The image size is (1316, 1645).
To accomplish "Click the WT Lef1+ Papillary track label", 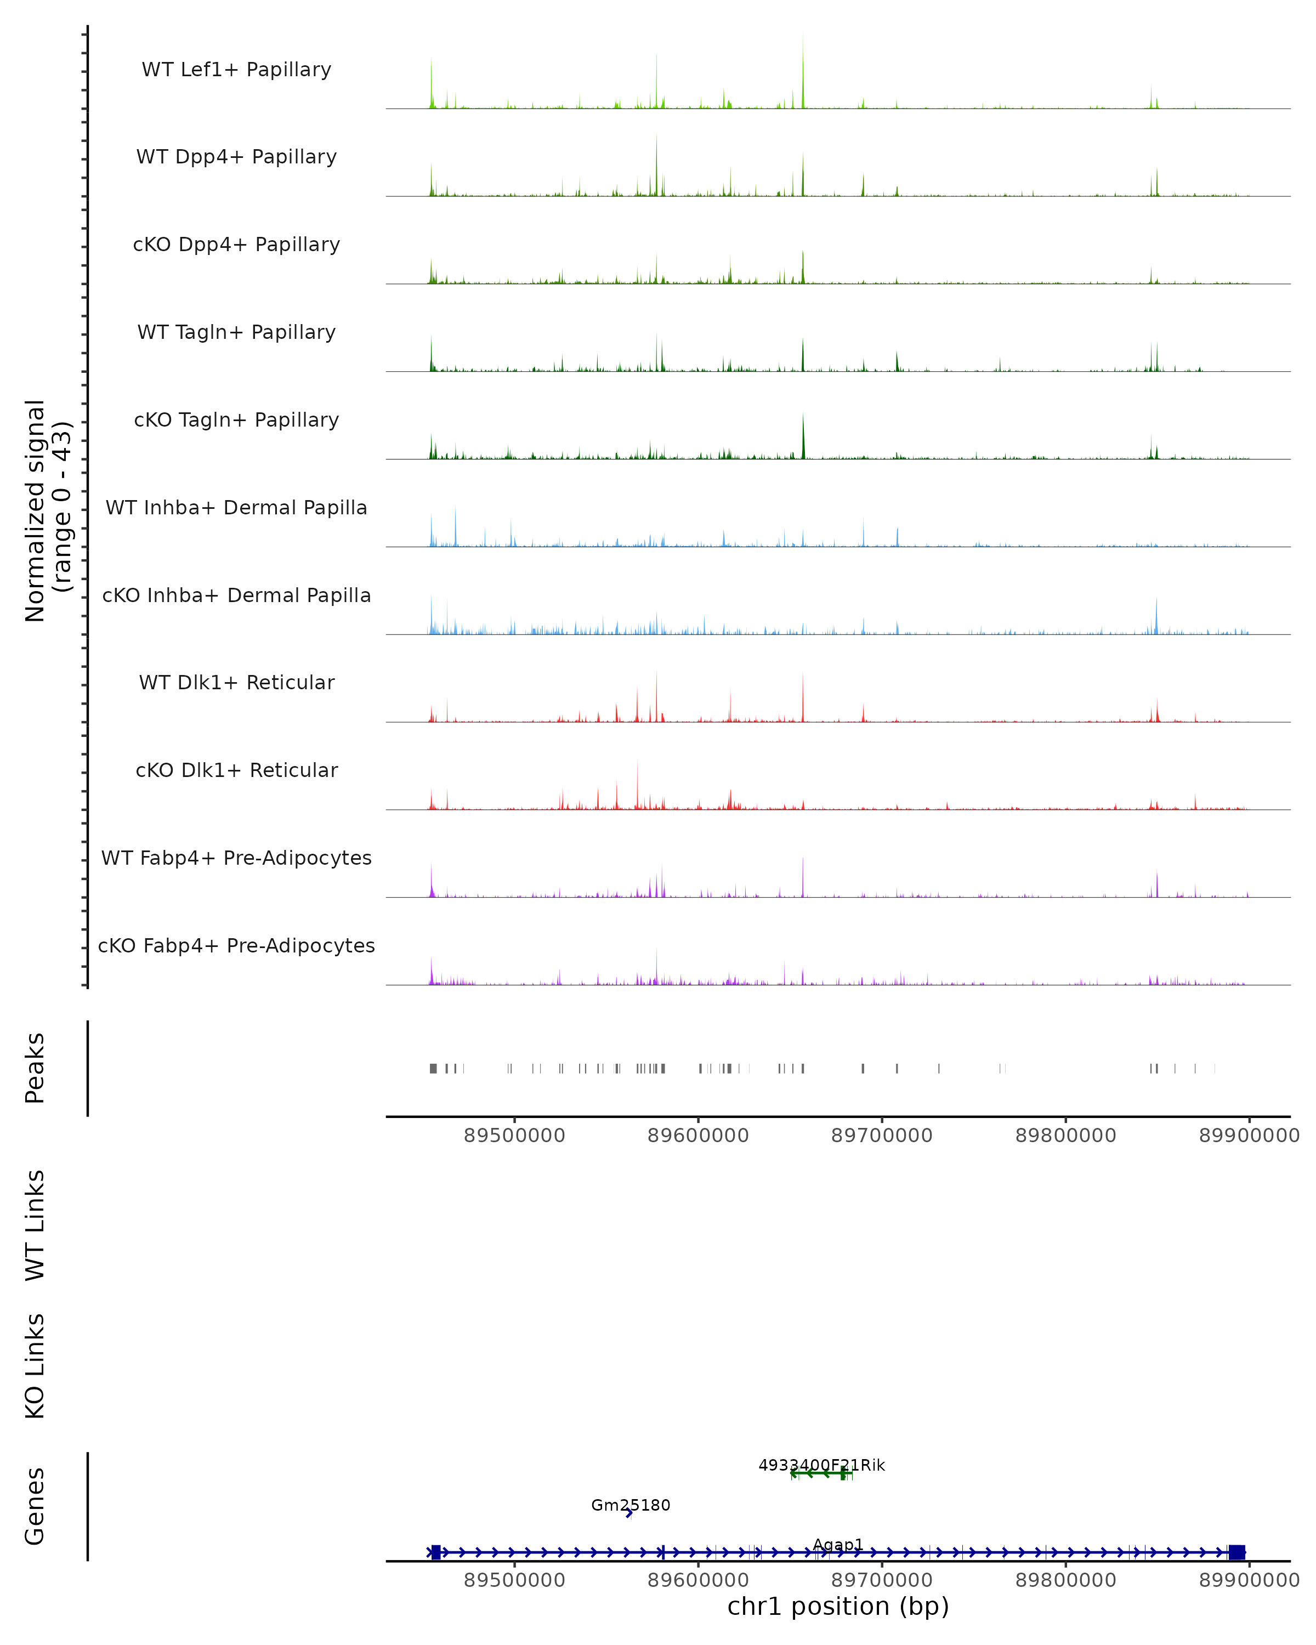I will pos(236,70).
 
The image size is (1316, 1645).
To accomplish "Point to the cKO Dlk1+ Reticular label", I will pos(236,770).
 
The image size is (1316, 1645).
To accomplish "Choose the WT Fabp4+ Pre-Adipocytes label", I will pos(236,858).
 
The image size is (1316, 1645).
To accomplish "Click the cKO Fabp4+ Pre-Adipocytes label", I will pos(236,945).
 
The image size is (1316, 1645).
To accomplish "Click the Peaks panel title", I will pos(35,1068).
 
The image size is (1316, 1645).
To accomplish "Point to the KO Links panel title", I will pos(35,1366).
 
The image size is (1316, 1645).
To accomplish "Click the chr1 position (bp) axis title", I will pos(838,1606).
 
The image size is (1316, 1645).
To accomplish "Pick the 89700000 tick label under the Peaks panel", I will pos(881,1136).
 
